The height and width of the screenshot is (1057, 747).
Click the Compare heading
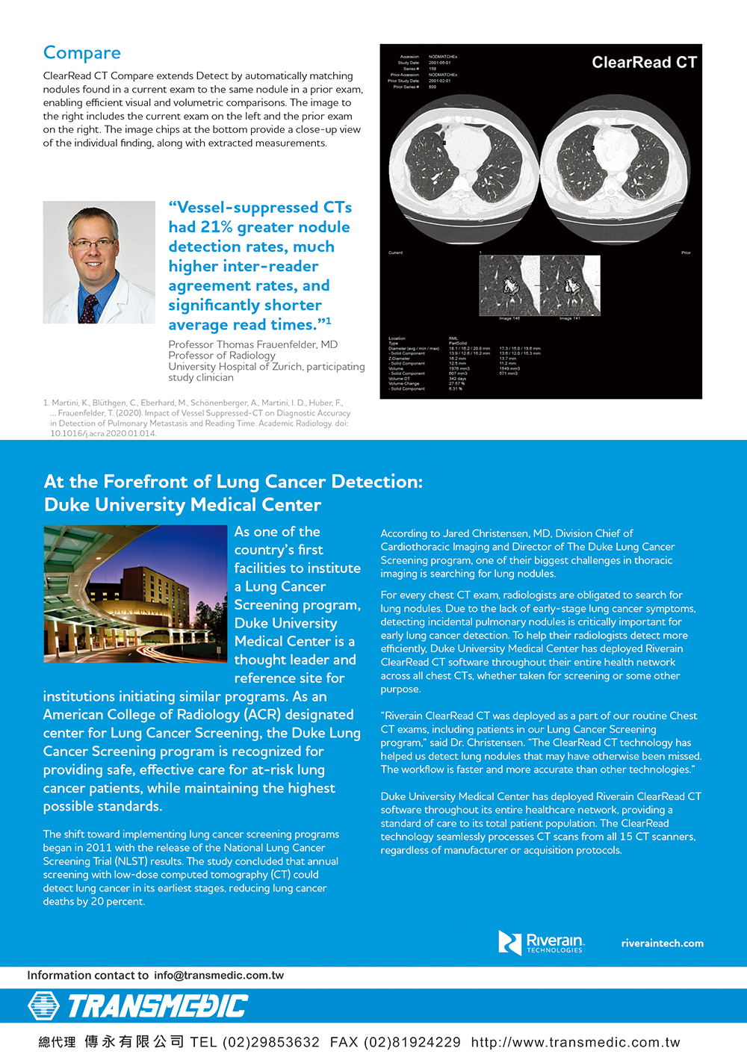pyautogui.click(x=81, y=53)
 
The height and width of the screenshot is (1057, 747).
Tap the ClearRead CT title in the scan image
pyautogui.click(x=644, y=63)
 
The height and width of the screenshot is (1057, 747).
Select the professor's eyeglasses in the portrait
pyautogui.click(x=93, y=244)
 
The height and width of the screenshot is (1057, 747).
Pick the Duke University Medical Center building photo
pyautogui.click(x=135, y=594)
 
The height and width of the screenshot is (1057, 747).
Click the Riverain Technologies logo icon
pyautogui.click(x=509, y=943)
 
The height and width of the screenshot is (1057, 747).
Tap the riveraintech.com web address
pyautogui.click(x=662, y=943)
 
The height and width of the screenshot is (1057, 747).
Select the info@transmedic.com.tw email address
pyautogui.click(x=219, y=975)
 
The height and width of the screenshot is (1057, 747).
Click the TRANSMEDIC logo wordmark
pyautogui.click(x=158, y=1006)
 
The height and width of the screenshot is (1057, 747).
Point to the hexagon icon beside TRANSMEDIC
pyautogui.click(x=43, y=1006)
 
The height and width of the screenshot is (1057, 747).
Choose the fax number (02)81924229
pyautogui.click(x=412, y=1042)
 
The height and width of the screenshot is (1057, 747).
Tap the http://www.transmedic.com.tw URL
pyautogui.click(x=575, y=1042)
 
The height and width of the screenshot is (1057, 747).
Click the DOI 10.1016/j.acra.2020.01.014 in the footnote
pyautogui.click(x=103, y=433)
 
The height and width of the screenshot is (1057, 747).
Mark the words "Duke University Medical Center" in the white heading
pyautogui.click(x=182, y=505)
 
